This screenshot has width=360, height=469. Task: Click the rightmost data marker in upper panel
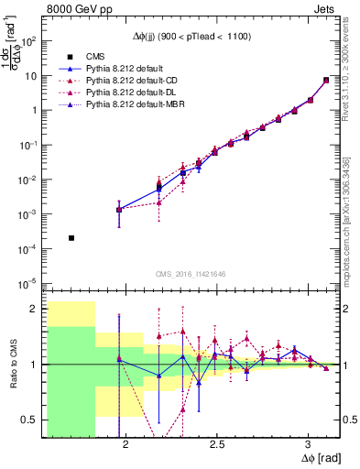pos(326,81)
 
